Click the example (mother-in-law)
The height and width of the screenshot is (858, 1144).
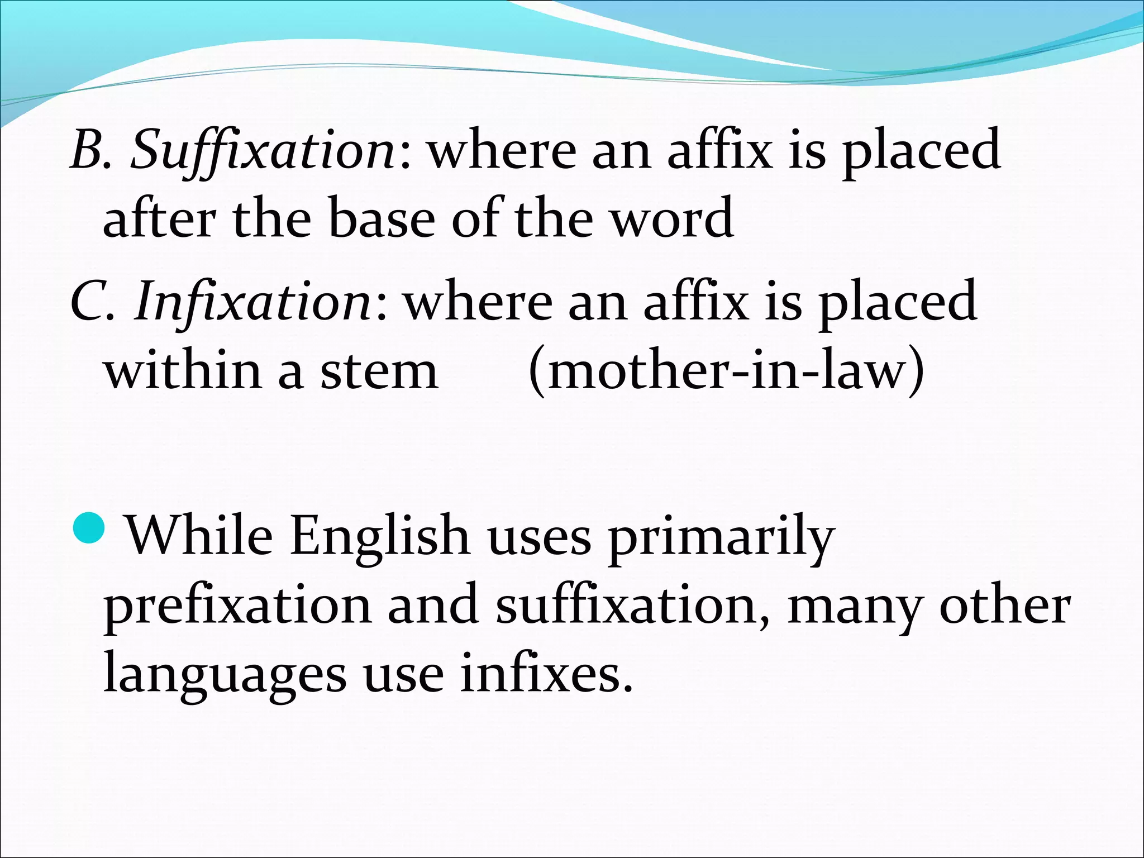click(x=726, y=371)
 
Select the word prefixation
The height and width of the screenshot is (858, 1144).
click(x=237, y=606)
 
